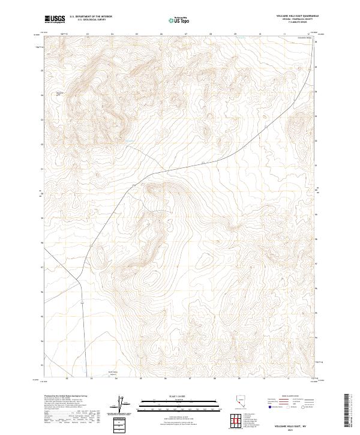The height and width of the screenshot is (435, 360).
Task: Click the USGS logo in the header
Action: coord(54,20)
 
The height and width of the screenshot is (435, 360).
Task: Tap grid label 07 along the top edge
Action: coord(186,34)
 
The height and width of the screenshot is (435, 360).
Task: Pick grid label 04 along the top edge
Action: coord(112,34)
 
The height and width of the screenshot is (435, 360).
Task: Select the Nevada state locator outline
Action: coord(240,401)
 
